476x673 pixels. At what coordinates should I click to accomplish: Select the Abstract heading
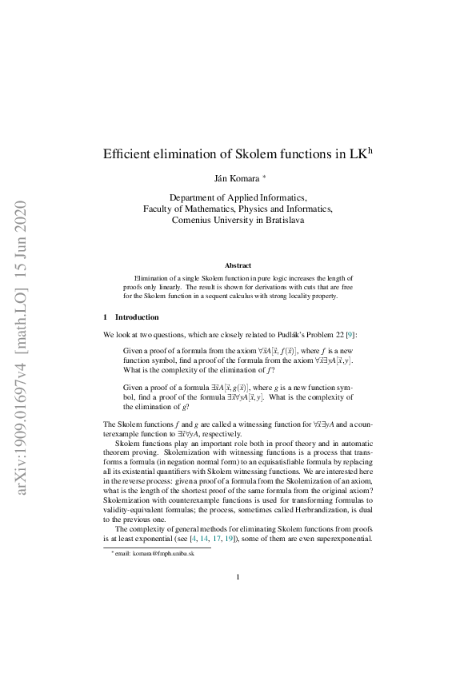click(238, 265)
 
